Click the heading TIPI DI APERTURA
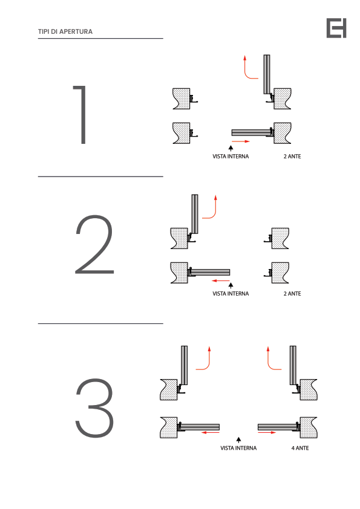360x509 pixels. pos(65,31)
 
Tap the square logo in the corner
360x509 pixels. pos(336,28)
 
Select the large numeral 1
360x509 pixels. pos(81,115)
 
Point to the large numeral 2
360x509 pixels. pos(94,244)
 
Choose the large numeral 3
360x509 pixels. pos(94,407)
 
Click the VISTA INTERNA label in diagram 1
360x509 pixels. pos(231,157)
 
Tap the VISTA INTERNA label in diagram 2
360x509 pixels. pos(231,294)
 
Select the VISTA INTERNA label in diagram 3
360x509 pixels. pos(238,449)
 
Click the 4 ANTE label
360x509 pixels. pos(300,449)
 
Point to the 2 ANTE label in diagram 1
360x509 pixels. pos(292,157)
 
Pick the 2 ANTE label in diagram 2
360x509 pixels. pos(292,294)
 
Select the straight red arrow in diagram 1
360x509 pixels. pos(241,141)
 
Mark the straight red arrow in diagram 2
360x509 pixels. pos(221,280)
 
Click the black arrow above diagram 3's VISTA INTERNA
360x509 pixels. pos(238,440)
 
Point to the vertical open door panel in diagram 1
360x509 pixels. pos(267,74)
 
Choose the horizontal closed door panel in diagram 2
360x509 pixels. pos(209,273)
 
